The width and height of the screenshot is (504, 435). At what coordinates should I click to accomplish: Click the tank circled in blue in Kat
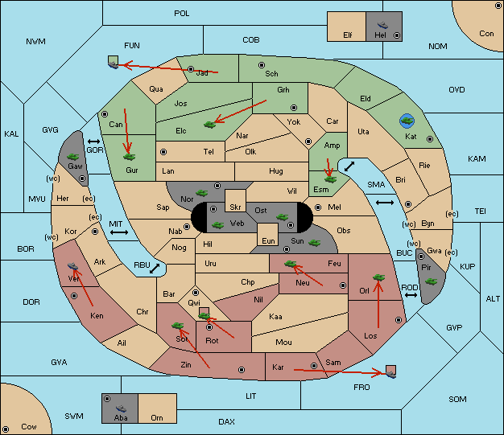pos(407,121)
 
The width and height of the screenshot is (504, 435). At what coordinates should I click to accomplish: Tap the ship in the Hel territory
pos(382,25)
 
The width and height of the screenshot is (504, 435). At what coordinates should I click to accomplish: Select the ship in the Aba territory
pos(121,408)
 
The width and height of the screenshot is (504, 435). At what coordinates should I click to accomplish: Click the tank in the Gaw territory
pos(73,157)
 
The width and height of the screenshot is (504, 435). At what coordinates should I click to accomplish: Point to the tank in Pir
pos(431,281)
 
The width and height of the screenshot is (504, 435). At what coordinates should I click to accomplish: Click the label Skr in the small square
pos(235,207)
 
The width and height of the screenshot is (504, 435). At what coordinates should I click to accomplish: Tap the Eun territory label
pos(268,240)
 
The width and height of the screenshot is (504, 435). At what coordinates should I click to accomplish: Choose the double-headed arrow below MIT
pos(119,232)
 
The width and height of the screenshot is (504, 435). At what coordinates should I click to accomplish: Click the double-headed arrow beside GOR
pos(93,142)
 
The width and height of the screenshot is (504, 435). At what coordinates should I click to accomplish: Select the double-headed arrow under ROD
pos(411,295)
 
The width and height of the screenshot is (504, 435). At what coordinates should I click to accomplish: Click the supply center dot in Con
pos(497,6)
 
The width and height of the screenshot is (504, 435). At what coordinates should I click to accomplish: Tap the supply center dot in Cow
pos(6,429)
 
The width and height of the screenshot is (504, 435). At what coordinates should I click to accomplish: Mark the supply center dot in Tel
pos(163,151)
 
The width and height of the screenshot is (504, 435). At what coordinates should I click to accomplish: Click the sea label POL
pos(182,14)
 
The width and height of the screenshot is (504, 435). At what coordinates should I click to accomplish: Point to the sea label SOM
pos(457,399)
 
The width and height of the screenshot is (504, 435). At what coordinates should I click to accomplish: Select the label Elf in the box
pos(348,35)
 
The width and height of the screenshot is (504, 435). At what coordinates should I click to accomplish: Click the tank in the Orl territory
pos(378,277)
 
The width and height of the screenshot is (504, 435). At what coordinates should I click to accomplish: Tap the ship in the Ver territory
pos(73,266)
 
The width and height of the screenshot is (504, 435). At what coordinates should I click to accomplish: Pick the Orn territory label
pos(157,417)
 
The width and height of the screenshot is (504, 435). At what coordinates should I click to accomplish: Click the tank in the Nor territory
pos(202,193)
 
